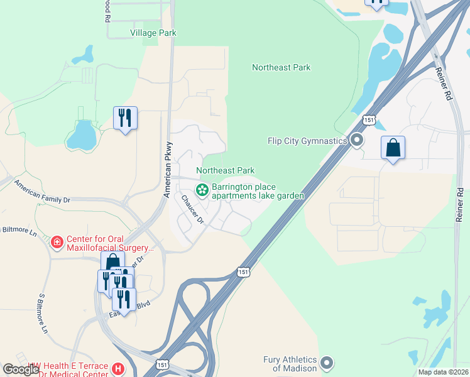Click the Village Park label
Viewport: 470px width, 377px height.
coord(153,33)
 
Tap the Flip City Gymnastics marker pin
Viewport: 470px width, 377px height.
coord(357,141)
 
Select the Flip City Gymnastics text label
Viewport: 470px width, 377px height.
coord(307,141)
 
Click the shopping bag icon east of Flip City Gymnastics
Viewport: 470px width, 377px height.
coord(393,148)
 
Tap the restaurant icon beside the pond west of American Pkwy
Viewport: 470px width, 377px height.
coord(125,117)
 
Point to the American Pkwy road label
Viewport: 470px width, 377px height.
coord(168,177)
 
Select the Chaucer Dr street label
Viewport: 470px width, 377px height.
coord(192,210)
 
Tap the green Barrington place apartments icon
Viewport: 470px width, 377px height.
coord(203,189)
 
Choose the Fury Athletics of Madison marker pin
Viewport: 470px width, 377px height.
coord(327,363)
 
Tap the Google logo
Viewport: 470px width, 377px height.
coord(21,369)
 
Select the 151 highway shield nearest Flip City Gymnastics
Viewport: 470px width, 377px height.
coord(369,120)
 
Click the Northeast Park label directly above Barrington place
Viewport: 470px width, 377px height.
coord(225,170)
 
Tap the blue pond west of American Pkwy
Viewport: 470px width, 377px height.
coord(81,133)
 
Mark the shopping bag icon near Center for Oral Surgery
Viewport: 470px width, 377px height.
coord(112,262)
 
